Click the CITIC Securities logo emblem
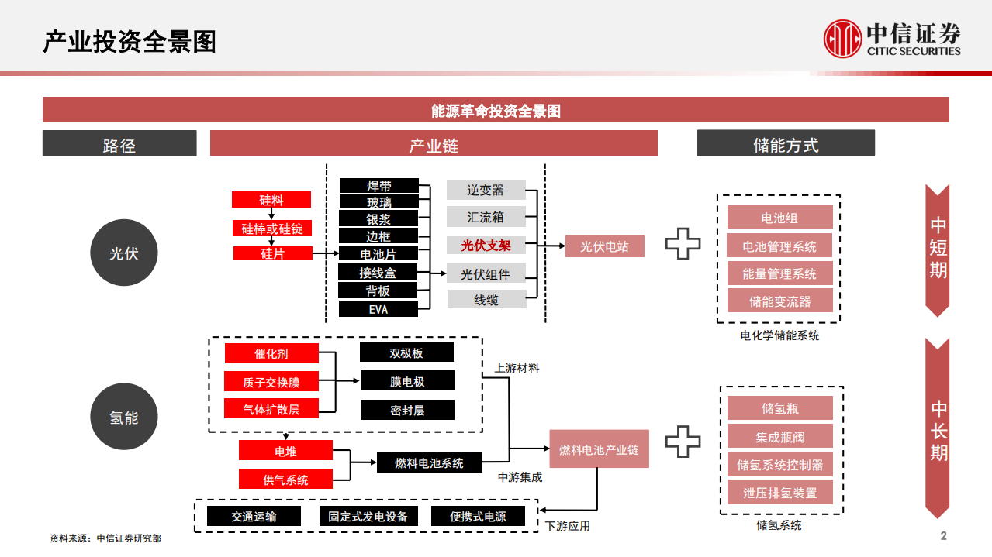pos(843,39)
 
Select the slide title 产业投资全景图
pos(130,42)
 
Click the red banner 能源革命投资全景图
pos(496,111)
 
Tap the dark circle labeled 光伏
pos(124,253)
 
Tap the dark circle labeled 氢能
pos(124,417)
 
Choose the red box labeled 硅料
pos(271,200)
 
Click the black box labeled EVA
pos(378,309)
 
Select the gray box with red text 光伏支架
pos(486,246)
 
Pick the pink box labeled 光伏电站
pos(605,247)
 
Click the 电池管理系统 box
pos(779,246)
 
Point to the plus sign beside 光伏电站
pos(683,246)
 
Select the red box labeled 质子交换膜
pos(271,381)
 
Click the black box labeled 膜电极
pos(407,381)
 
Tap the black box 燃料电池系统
pos(429,462)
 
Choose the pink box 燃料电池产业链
pos(599,449)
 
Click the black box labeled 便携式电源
pos(478,517)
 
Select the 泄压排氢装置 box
pos(779,492)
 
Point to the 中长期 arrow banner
pos(938,428)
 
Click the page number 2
pos(943,536)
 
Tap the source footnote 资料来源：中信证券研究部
pos(105,538)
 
